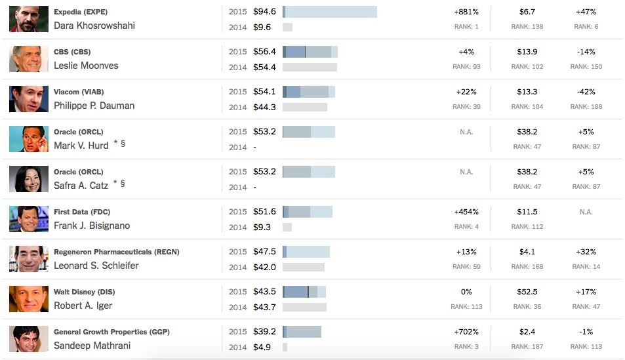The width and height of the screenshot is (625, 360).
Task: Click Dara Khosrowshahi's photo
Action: tap(29, 19)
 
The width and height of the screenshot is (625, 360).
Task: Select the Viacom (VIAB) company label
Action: tap(79, 92)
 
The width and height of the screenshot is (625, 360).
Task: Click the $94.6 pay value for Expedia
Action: tap(264, 12)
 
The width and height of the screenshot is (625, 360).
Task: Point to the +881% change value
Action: tap(466, 12)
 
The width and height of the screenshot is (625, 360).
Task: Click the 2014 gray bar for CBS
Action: tap(310, 67)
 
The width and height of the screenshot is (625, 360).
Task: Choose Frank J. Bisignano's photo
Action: tap(29, 219)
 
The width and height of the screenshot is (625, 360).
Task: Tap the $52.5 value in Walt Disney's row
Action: tap(527, 292)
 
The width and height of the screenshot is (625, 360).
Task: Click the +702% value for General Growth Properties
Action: tap(466, 332)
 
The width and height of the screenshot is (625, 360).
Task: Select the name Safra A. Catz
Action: tap(81, 186)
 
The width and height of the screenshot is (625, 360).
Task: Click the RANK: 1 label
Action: tap(466, 27)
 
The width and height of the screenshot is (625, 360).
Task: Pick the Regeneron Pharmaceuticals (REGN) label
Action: tap(116, 252)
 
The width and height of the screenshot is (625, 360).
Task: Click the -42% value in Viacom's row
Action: tap(586, 92)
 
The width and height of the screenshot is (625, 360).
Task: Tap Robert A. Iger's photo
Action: tap(29, 299)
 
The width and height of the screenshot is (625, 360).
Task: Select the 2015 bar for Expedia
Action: tap(329, 12)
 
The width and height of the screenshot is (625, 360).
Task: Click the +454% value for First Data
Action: tap(466, 212)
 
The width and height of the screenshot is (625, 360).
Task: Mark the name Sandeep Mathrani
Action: tap(92, 346)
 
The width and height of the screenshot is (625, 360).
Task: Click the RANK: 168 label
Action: tap(527, 267)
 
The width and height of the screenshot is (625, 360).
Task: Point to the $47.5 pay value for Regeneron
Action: tap(264, 252)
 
